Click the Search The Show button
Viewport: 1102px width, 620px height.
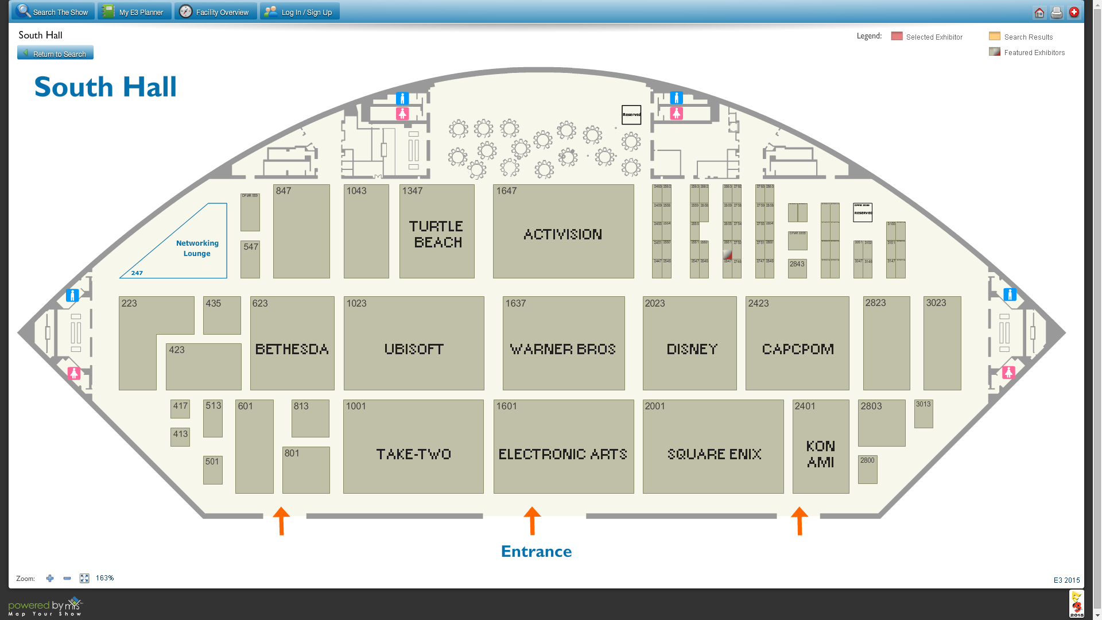tap(53, 11)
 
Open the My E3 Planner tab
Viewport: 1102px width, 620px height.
tap(134, 11)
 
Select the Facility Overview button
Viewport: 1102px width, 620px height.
tap(215, 11)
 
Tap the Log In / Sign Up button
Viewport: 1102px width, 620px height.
tap(300, 11)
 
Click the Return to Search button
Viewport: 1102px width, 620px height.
tap(55, 53)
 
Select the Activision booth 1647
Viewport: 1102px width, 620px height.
tap(563, 232)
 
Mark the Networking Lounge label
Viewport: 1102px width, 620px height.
tap(197, 249)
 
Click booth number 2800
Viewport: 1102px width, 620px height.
tap(867, 469)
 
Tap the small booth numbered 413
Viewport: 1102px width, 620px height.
tap(180, 436)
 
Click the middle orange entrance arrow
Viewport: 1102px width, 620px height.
tap(532, 520)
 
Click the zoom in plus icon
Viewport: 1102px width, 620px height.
tap(50, 579)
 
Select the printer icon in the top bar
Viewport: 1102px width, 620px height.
tap(1056, 13)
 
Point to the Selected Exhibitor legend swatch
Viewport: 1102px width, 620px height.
tap(897, 36)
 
